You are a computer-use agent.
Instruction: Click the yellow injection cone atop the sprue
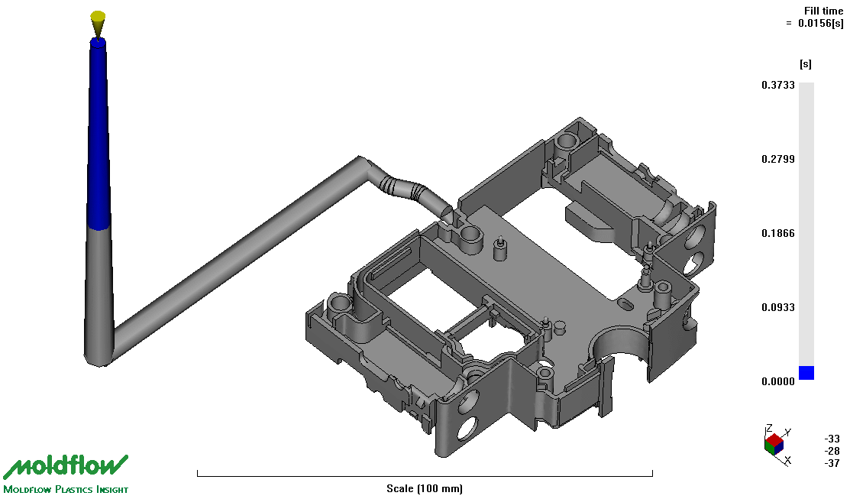tap(98, 24)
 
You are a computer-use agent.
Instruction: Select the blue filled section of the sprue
tap(98, 134)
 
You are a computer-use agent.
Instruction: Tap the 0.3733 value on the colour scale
tap(778, 85)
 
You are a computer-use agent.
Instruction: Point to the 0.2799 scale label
tap(778, 159)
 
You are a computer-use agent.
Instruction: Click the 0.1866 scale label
tap(778, 233)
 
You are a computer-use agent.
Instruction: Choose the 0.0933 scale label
tap(778, 307)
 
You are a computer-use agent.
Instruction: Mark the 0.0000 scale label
tap(778, 382)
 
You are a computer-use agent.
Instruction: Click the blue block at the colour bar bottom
tap(806, 373)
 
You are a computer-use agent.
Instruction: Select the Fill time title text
tap(823, 11)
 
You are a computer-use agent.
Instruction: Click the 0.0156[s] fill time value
tap(821, 24)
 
